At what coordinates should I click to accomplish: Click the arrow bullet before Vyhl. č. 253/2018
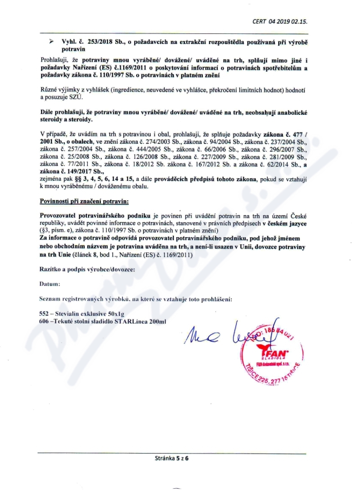52,41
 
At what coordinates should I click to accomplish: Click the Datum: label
49,284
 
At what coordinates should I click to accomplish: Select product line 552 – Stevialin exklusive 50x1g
79,313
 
